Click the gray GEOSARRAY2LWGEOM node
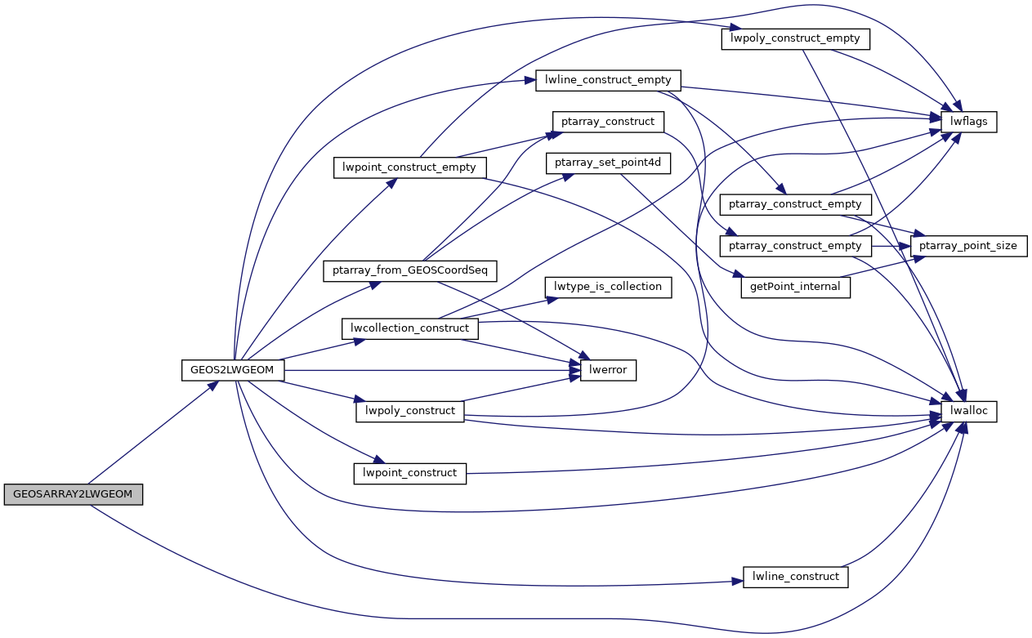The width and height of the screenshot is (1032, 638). click(x=74, y=494)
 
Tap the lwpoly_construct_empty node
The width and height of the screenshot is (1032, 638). click(x=796, y=39)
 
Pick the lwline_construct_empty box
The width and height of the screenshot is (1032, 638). click(x=608, y=80)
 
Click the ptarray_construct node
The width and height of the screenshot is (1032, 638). click(x=608, y=122)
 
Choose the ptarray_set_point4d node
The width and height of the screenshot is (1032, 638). click(x=608, y=163)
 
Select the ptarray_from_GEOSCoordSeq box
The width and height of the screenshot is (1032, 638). click(x=410, y=269)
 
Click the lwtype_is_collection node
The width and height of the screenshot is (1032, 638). click(x=608, y=288)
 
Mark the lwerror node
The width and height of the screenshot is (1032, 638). click(x=608, y=370)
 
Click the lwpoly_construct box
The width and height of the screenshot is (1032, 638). click(x=410, y=411)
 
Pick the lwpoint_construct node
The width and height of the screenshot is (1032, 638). click(x=410, y=473)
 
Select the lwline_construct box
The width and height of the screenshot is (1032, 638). click(x=796, y=577)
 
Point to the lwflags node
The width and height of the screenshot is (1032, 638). click(x=969, y=122)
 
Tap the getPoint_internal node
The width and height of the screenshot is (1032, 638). click(x=796, y=288)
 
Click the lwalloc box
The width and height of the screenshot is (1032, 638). click(x=969, y=411)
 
